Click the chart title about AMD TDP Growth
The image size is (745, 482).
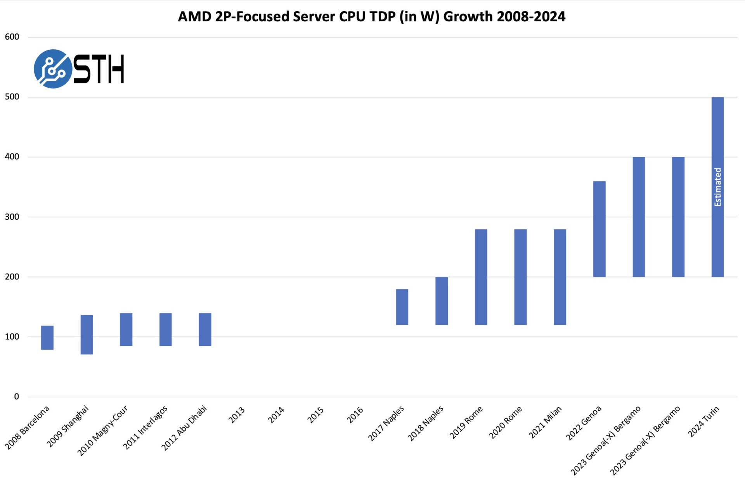[x=371, y=17]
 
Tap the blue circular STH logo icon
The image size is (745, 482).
[x=53, y=69]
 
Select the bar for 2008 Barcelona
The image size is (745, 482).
[x=47, y=337]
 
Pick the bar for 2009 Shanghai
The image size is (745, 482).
[x=87, y=334]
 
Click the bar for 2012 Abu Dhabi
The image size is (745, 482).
[x=205, y=329]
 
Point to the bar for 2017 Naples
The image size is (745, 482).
[x=402, y=307]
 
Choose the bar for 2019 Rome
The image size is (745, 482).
[x=481, y=277]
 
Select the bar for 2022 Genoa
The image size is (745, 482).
[x=599, y=229]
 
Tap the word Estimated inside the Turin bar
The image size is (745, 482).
[x=717, y=187]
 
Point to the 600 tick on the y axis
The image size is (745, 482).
[x=12, y=37]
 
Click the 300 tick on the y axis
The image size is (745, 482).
[x=12, y=217]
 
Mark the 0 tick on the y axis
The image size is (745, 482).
[x=16, y=397]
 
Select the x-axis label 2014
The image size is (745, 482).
[x=276, y=415]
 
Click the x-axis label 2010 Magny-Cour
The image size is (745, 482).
[x=103, y=430]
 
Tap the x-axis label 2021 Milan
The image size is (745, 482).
[x=545, y=422]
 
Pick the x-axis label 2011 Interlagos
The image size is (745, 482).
[x=146, y=427]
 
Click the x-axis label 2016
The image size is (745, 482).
[x=355, y=415]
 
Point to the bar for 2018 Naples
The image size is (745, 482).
[x=442, y=301]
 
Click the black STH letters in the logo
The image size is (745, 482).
[x=99, y=69]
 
